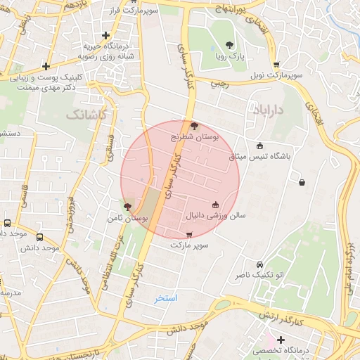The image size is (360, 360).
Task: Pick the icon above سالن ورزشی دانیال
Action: pyautogui.click(x=215, y=205)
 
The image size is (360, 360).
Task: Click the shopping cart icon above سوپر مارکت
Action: pyautogui.click(x=188, y=234)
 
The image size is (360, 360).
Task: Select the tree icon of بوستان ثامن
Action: pyautogui.click(x=127, y=207)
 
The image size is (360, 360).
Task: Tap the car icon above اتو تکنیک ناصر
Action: pyautogui.click(x=260, y=264)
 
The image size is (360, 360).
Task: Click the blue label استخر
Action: pyautogui.click(x=167, y=298)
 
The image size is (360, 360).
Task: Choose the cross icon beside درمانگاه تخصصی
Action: pyautogui.click(x=280, y=340)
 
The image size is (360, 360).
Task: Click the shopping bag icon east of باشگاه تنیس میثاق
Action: pyautogui.click(x=302, y=183)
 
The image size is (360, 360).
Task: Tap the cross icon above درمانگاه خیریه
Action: pyautogui.click(x=106, y=34)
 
